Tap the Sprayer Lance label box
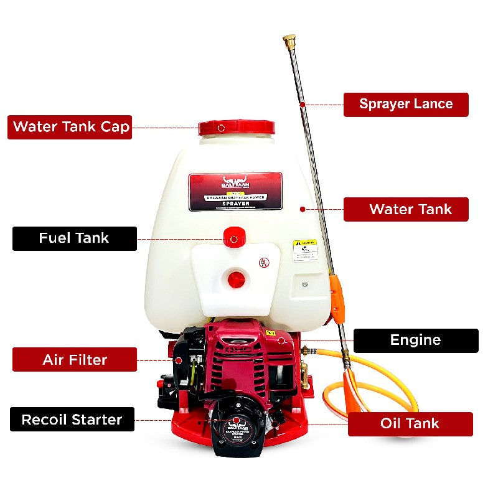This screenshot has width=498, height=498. (406, 104)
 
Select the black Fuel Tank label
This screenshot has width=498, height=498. (74, 238)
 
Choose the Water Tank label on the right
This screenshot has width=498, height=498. (406, 209)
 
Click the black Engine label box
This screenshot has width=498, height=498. (416, 341)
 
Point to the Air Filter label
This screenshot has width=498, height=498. (74, 360)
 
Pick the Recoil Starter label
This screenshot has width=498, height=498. (72, 420)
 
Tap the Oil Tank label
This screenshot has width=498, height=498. (410, 424)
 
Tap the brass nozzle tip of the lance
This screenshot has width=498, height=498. (289, 42)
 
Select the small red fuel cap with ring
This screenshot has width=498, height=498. (233, 238)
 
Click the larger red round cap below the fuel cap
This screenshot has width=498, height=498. (237, 279)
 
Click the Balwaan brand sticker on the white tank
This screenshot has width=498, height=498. (235, 190)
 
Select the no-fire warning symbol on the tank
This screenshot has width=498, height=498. (263, 263)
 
